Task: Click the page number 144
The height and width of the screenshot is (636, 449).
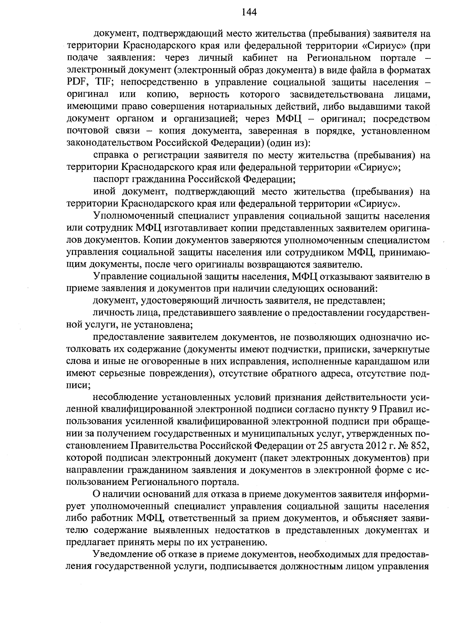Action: coord(249,12)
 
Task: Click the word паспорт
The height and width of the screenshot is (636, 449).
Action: coord(109,179)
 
